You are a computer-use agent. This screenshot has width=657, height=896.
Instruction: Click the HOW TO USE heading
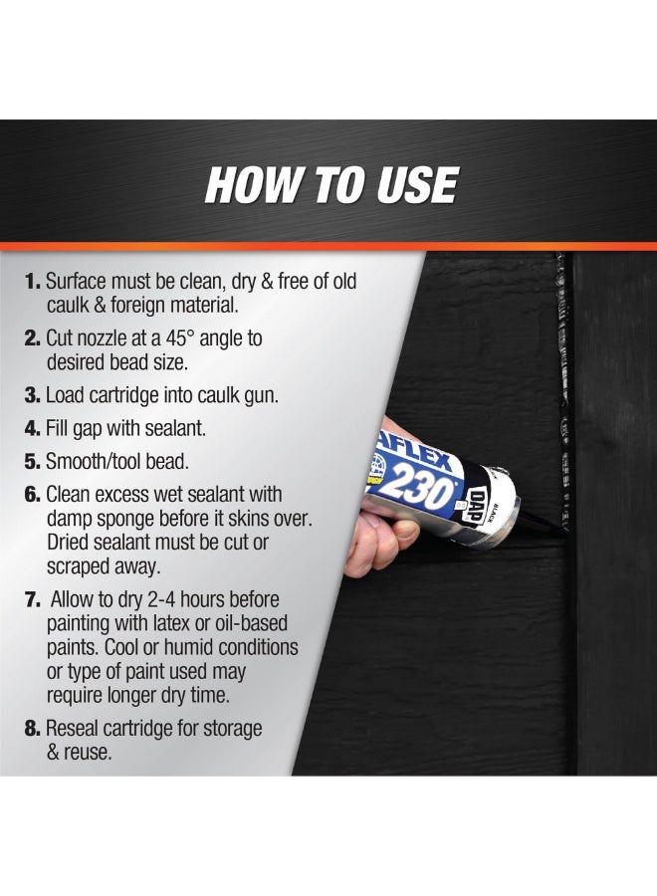[x=331, y=186]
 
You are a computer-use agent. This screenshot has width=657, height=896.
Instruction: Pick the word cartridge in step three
[x=127, y=395]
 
